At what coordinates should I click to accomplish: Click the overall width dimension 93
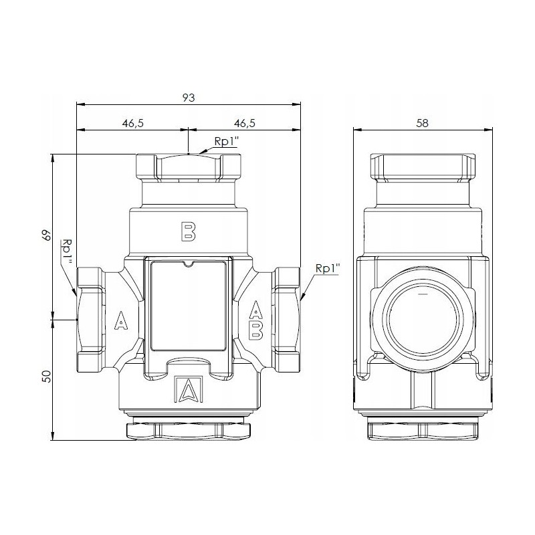coord(189,98)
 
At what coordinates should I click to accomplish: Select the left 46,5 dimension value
coord(133,124)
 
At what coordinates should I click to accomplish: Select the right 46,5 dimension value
coord(245,124)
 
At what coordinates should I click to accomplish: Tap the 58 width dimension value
coord(422,124)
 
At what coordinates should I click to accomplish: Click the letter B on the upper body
coord(189,231)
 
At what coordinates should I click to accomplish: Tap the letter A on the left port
coord(120,322)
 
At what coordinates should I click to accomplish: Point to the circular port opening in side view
coord(422,314)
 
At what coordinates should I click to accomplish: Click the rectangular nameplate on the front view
coord(189,305)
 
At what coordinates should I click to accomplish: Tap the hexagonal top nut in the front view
coord(189,167)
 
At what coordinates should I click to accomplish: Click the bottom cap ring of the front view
coord(189,428)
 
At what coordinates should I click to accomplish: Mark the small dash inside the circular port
coord(422,294)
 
